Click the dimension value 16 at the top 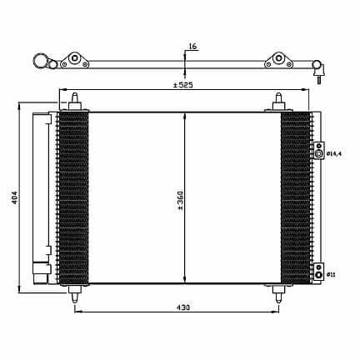tap(192, 47)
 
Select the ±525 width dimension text tap(183, 85)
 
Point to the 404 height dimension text tap(15, 197)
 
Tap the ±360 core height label tap(180, 200)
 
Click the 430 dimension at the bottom tap(183, 307)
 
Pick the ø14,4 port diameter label tap(334, 153)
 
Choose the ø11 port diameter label tap(331, 275)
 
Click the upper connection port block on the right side tap(319, 150)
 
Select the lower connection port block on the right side tap(319, 271)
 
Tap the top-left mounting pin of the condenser tap(75, 102)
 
